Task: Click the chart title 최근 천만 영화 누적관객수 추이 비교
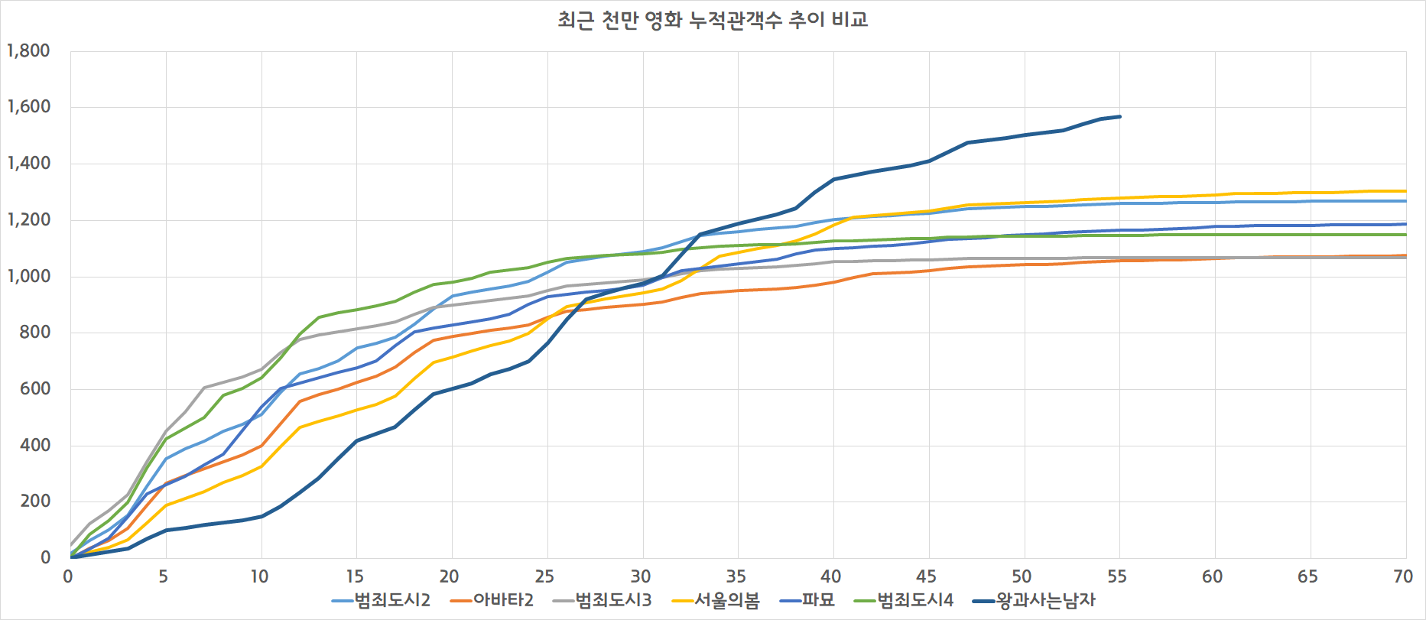pyautogui.click(x=713, y=20)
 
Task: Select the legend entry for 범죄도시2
pyautogui.click(x=391, y=600)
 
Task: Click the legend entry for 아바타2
pyautogui.click(x=502, y=600)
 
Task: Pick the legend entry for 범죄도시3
pyautogui.click(x=612, y=600)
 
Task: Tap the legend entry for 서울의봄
pyautogui.click(x=726, y=600)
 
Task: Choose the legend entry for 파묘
pyautogui.click(x=817, y=600)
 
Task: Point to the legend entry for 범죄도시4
pyautogui.click(x=914, y=600)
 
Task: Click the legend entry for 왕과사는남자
pyautogui.click(x=1045, y=600)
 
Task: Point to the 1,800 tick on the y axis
pyautogui.click(x=28, y=51)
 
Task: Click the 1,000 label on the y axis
pyautogui.click(x=28, y=277)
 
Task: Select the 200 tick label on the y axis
pyautogui.click(x=35, y=502)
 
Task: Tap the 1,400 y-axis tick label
pyautogui.click(x=28, y=164)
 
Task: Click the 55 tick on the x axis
pyautogui.click(x=1117, y=576)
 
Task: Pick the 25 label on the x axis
pyautogui.click(x=544, y=576)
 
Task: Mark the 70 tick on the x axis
pyautogui.click(x=1403, y=576)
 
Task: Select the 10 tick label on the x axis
pyautogui.click(x=259, y=576)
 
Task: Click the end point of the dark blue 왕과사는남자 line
pyautogui.click(x=1120, y=117)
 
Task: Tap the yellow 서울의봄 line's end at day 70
pyautogui.click(x=1405, y=191)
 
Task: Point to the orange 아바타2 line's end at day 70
pyautogui.click(x=1405, y=255)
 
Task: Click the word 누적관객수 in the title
pyautogui.click(x=736, y=20)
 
